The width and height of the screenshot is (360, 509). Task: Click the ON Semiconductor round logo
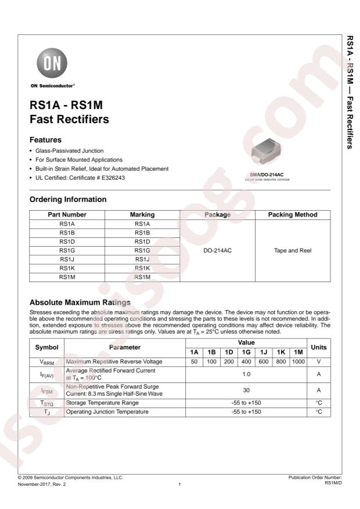coord(52,62)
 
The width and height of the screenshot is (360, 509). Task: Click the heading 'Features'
coord(46,140)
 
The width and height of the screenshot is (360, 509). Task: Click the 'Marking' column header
coord(142,215)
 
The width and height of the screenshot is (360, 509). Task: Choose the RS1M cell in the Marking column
coord(142,277)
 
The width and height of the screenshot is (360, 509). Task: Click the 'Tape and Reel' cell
coord(293,251)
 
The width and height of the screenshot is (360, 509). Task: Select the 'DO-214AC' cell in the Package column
coord(218,251)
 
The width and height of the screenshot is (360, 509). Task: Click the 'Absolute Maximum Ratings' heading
coord(80,302)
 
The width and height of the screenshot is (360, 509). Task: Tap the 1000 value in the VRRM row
coord(298,361)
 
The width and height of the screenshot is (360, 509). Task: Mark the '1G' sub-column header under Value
coord(246,352)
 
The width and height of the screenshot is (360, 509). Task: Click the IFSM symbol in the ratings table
coord(46,391)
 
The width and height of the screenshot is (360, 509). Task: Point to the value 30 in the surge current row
coord(246,391)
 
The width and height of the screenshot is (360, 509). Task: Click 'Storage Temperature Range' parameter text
coord(102,402)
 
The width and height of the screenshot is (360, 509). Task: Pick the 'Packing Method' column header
coord(293,215)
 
